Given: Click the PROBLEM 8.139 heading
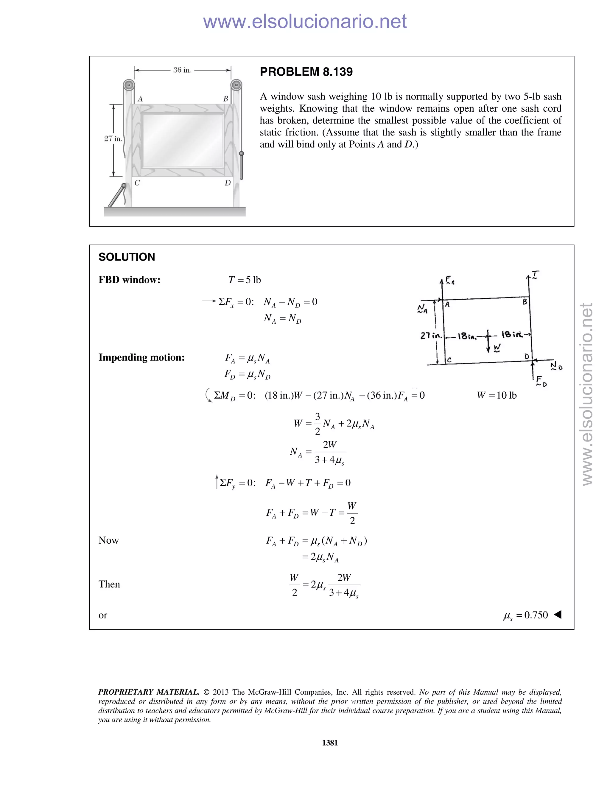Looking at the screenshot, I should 306,72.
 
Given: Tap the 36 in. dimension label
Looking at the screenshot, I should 182,70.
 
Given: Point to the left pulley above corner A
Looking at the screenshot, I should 129,86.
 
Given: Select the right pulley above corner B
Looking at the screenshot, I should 236,86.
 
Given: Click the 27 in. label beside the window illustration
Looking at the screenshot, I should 113,139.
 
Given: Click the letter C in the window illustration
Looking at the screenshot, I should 137,183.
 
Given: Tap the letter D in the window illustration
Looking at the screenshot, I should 227,183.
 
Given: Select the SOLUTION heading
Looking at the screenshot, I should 127,257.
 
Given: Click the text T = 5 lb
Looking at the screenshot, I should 245,280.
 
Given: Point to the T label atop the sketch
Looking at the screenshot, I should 535,275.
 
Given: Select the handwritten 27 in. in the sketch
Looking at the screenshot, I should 431,336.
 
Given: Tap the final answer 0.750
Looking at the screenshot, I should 536,615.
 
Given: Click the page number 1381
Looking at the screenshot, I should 330,743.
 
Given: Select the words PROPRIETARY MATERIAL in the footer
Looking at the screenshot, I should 149,692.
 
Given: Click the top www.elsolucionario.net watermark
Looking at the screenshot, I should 305,22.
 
